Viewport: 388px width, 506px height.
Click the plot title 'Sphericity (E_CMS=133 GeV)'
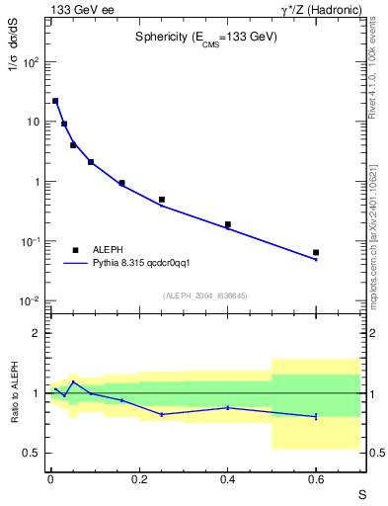[206, 37]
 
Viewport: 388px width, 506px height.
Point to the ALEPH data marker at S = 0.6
[316, 253]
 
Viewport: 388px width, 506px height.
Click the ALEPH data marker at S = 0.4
[227, 224]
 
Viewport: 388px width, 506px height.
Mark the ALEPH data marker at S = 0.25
[161, 200]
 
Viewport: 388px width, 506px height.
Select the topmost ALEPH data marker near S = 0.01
[55, 101]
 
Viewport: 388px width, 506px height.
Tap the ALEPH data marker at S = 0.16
[121, 183]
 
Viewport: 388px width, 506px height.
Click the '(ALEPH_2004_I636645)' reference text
[204, 295]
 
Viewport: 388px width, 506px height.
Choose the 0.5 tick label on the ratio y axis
[32, 453]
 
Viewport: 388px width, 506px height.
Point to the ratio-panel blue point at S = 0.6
[316, 416]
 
